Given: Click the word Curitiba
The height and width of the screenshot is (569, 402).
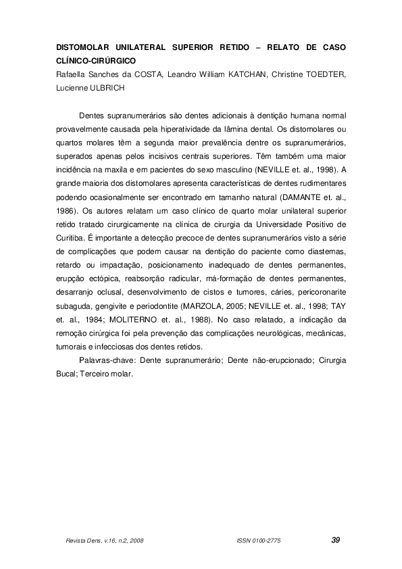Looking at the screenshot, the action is pos(70,234).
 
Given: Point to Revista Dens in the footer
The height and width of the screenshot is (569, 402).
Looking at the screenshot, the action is pos(78,541).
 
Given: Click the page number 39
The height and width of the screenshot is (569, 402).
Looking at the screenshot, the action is pos(336,540).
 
